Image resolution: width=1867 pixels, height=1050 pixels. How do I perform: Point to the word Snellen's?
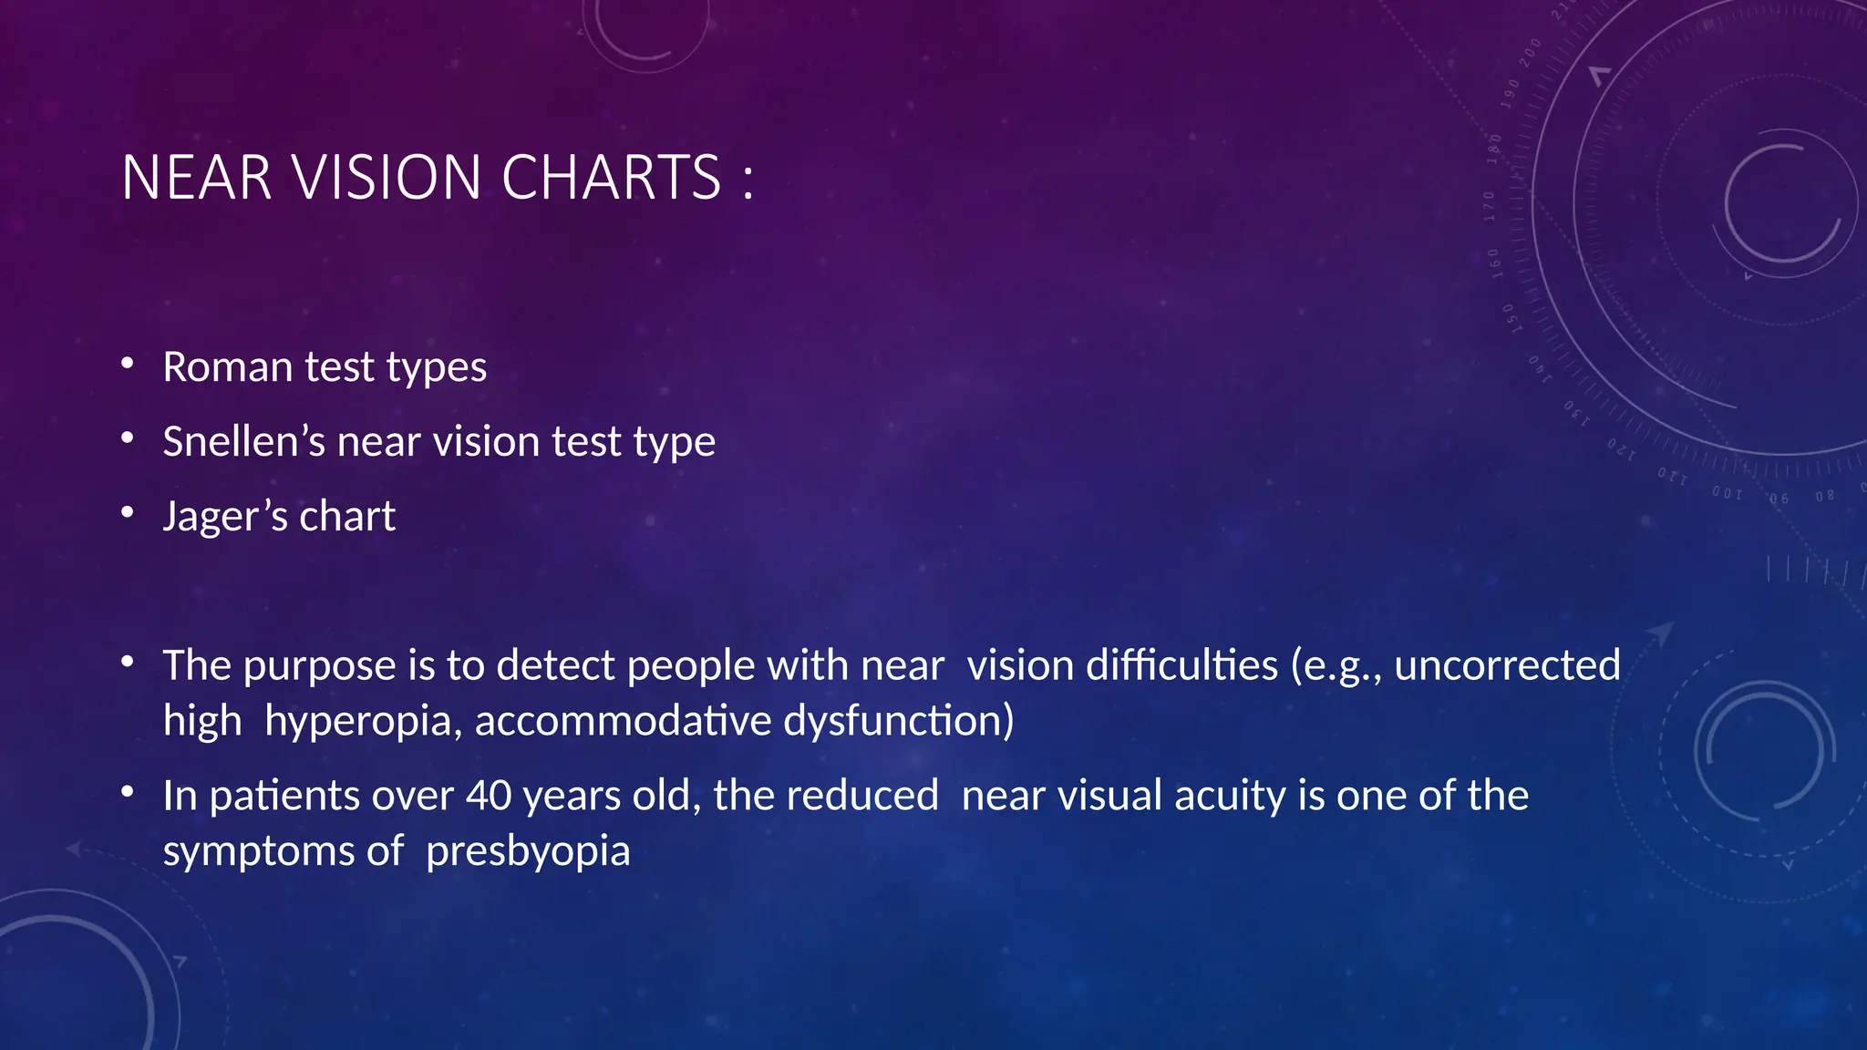click(x=243, y=441)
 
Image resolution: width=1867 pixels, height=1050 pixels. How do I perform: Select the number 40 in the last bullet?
click(x=489, y=795)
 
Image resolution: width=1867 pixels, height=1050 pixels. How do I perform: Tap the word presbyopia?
click(x=528, y=851)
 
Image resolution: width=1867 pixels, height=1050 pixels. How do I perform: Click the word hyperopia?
click(x=363, y=721)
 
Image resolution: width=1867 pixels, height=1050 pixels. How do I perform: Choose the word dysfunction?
click(x=898, y=721)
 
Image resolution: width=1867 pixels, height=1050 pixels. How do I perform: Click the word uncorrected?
click(x=1507, y=665)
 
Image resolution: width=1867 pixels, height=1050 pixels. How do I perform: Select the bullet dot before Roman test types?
click(x=128, y=365)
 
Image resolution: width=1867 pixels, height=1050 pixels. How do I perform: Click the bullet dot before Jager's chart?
click(x=128, y=515)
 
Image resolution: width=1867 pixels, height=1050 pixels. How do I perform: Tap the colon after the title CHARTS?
click(x=748, y=180)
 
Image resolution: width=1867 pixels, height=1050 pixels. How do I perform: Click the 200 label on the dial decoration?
click(x=1531, y=52)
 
